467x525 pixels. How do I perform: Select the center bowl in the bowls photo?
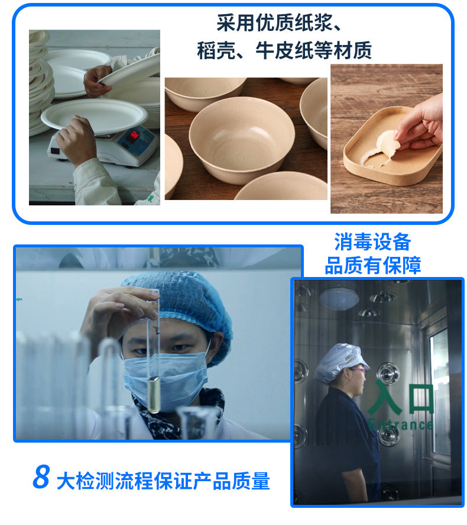pos(241,139)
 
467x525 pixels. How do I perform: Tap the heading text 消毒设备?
pos(372,241)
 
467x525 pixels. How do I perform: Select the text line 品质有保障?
pos(372,266)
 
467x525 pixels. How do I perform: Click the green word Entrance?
pos(400,424)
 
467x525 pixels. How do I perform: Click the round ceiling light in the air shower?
pos(339,299)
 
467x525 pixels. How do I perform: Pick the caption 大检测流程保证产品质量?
pos(163,481)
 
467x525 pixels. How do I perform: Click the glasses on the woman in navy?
pos(359,370)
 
